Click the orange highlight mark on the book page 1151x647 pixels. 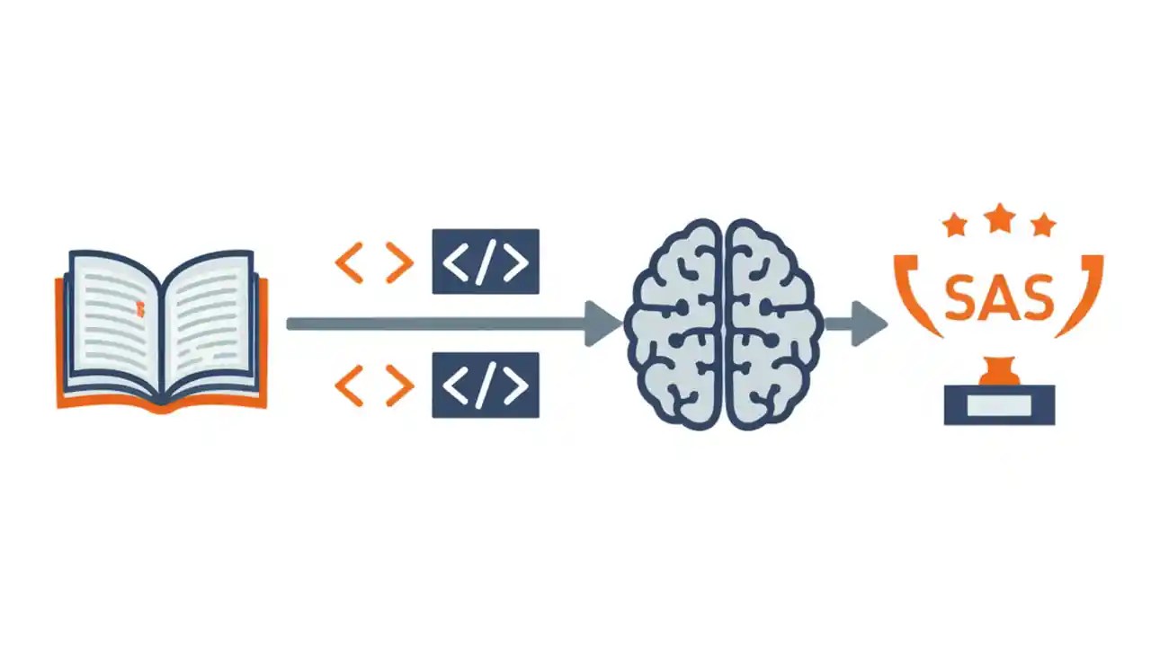pos(139,308)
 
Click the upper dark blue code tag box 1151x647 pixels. pos(486,261)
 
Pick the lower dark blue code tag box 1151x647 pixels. pos(486,386)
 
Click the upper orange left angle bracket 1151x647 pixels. pos(350,262)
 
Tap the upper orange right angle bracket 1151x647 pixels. pos(400,262)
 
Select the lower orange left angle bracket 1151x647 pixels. pos(350,386)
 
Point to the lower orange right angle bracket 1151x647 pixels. pos(400,386)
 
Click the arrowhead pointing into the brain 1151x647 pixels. pos(602,323)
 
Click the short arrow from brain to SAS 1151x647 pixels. pos(856,324)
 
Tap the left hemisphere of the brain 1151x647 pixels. pos(674,324)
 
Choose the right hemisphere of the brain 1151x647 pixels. pos(774,324)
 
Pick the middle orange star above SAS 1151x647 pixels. pos(999,218)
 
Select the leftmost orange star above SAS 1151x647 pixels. pos(956,226)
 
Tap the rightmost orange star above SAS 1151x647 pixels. pos(1043,226)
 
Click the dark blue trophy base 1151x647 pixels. pos(999,405)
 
